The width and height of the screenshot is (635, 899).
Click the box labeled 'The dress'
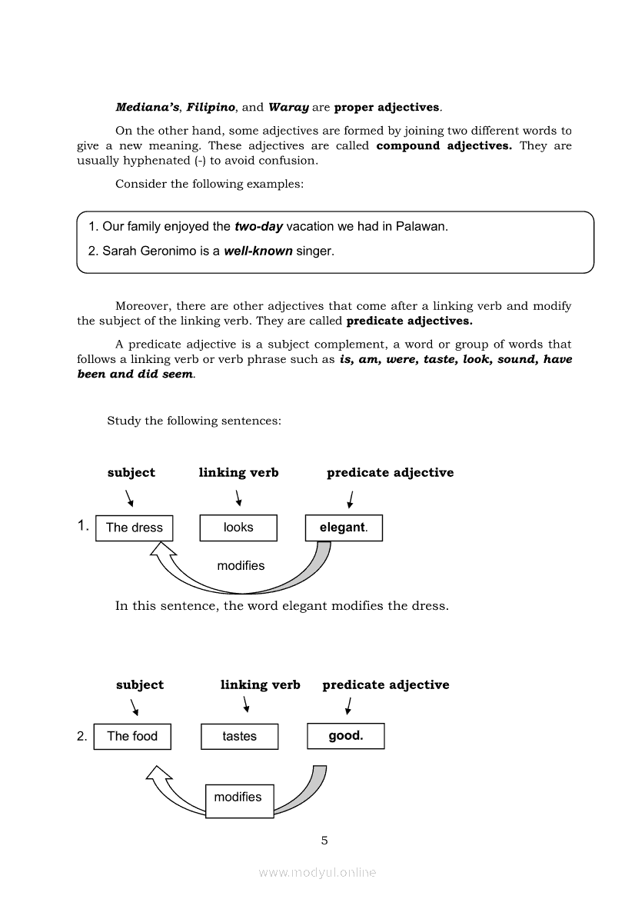tap(135, 528)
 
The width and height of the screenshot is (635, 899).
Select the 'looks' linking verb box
tap(238, 528)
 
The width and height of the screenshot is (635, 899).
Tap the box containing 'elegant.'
tap(344, 528)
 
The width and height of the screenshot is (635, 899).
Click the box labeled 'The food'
tap(132, 736)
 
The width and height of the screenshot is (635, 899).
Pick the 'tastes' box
tap(239, 736)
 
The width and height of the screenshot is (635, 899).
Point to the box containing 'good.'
tap(346, 736)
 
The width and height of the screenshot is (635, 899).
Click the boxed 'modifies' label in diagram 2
tap(238, 797)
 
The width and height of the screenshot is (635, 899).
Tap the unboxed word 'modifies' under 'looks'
tap(241, 566)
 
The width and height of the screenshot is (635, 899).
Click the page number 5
tap(324, 841)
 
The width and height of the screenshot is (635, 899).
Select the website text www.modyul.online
tap(317, 873)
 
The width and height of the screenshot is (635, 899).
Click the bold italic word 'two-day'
tap(259, 227)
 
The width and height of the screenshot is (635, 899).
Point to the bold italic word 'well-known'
tap(258, 251)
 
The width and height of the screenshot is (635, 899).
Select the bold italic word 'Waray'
tap(288, 108)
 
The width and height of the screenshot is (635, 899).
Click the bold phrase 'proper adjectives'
tap(387, 108)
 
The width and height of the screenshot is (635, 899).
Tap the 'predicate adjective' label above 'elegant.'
tap(390, 473)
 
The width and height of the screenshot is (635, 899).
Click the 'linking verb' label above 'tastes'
tap(260, 684)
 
